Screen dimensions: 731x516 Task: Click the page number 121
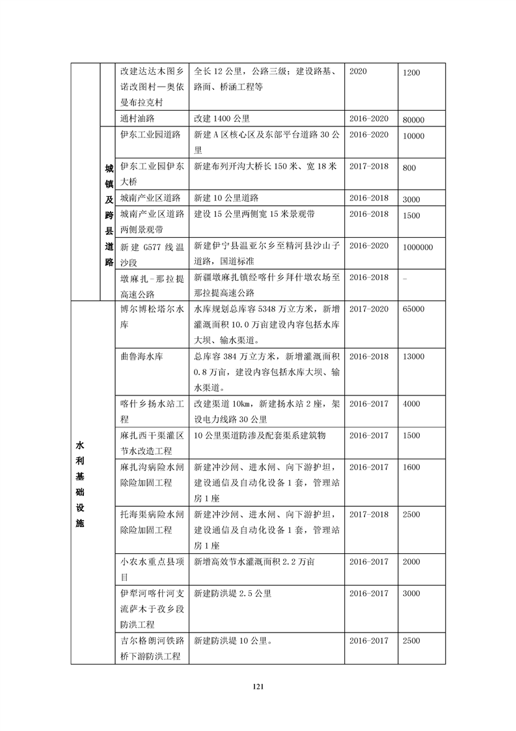point(258,686)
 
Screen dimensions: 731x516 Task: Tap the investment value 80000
point(414,120)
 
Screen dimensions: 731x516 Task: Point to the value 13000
point(414,357)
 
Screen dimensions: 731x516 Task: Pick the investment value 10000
point(414,136)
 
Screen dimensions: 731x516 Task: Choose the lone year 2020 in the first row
point(359,72)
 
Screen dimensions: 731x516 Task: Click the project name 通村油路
point(140,119)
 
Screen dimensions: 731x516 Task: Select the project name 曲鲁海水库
point(144,357)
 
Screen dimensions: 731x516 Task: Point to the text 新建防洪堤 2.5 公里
point(232,594)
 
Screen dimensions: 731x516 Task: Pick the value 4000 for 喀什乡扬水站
point(411,404)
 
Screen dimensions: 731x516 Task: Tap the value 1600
point(411,468)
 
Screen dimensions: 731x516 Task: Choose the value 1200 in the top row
point(411,74)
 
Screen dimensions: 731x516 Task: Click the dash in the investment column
point(405,278)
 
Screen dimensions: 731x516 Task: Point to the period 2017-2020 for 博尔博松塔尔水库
point(368,309)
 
